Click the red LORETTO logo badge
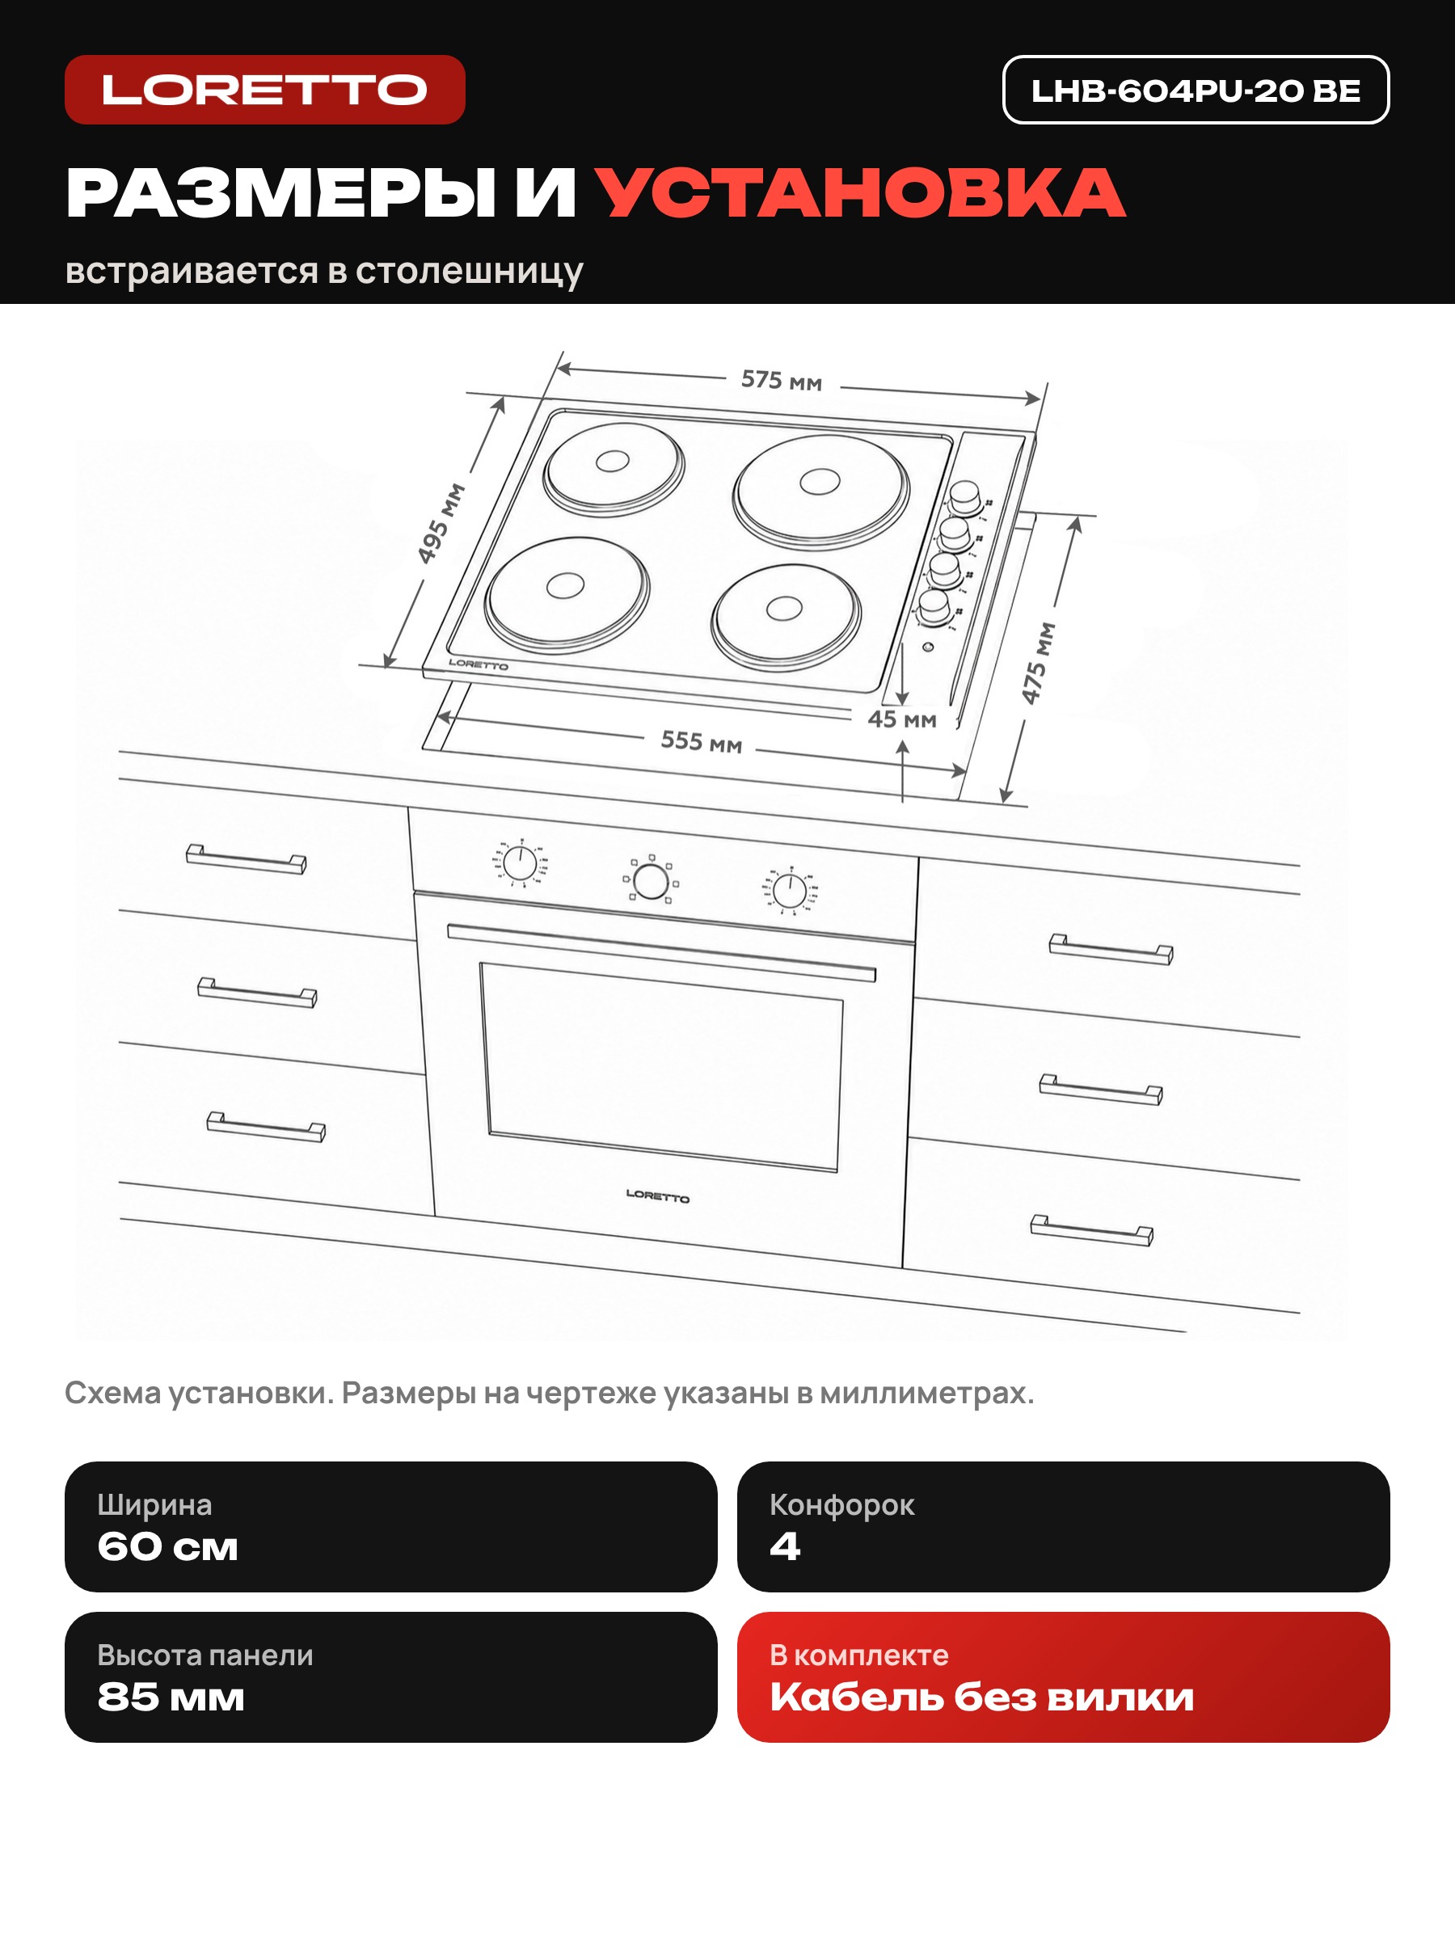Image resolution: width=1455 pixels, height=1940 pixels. pos(265,90)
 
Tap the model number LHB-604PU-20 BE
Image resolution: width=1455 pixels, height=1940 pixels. pos(1196,91)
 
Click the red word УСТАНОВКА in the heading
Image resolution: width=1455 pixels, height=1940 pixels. pos(860,193)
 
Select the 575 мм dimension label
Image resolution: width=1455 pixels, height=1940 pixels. pos(782,381)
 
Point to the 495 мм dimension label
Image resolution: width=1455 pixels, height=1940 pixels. pos(441,523)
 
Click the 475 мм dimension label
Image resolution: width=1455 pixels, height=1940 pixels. pos(1039,663)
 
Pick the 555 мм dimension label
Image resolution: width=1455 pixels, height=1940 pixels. pos(701,741)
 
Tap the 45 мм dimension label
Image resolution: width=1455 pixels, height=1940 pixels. pos(901,719)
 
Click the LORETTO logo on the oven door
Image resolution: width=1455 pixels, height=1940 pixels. pos(658,1196)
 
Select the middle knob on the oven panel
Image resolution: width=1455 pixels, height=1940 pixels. pos(651,879)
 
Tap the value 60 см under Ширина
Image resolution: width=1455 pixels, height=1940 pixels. pos(167,1547)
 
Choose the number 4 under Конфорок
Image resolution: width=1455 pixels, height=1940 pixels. pos(785,1546)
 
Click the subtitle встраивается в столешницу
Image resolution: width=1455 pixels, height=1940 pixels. pos(323,271)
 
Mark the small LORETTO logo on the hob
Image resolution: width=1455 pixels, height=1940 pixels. pos(478,664)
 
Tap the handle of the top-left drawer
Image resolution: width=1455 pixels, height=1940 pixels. pos(246,858)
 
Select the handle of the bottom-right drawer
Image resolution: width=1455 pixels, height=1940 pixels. pos(1092,1229)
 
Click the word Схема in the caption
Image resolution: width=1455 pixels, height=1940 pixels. pos(112,1393)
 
